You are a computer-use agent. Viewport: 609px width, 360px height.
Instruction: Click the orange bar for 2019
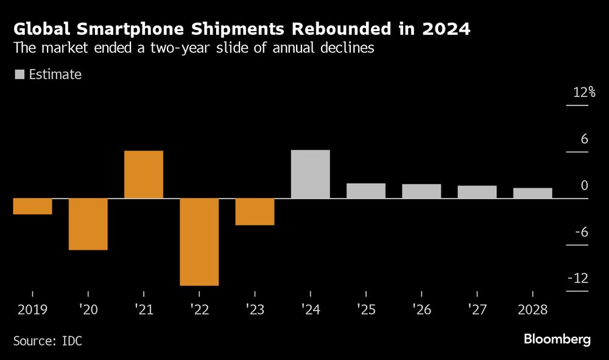[x=32, y=206]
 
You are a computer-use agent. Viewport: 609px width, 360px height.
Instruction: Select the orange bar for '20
[x=88, y=224]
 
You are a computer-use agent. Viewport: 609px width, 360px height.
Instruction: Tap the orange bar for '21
[x=144, y=174]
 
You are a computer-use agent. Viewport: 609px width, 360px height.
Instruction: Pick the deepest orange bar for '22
[x=199, y=242]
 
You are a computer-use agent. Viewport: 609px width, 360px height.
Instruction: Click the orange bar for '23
[x=255, y=212]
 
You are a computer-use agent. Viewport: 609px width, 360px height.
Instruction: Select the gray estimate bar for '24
[x=311, y=174]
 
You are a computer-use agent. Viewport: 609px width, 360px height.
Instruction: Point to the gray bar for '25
[x=366, y=191]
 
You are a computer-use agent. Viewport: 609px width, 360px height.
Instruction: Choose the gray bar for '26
[x=421, y=191]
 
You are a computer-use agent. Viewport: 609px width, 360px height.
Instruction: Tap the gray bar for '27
[x=477, y=192]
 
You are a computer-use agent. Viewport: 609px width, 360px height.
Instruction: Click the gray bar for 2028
[x=533, y=193]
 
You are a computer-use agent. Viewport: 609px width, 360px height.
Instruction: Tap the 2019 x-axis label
[x=32, y=309]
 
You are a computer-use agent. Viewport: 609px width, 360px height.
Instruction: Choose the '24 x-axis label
[x=311, y=309]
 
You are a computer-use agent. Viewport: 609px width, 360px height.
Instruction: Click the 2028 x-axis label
[x=533, y=309]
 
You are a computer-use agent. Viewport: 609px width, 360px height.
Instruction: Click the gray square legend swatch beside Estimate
[x=19, y=75]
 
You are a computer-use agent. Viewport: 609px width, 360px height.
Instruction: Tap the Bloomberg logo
[x=557, y=339]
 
